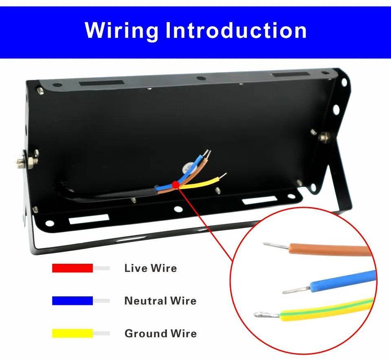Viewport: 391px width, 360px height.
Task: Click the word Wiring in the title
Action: coord(121,31)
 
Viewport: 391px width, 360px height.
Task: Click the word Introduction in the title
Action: coord(236,31)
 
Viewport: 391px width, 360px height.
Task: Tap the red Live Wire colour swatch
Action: coord(72,268)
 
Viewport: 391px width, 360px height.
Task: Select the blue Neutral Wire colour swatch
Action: coord(72,300)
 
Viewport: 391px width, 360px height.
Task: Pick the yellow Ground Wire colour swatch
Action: coord(72,333)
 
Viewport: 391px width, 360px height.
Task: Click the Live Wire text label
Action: coord(150,268)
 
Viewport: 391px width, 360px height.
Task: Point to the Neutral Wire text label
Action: coord(160,301)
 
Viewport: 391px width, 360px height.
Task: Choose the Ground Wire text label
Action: coord(160,333)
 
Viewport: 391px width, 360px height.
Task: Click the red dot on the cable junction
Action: coord(176,186)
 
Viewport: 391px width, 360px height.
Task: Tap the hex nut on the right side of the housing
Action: coord(325,137)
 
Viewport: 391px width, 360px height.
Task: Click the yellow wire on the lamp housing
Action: coord(202,182)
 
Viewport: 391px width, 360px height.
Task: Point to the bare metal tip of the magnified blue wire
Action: coord(297,290)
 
